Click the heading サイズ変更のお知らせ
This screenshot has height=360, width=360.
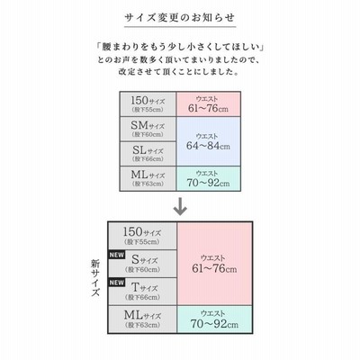(180, 18)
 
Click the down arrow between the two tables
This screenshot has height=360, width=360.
(180, 206)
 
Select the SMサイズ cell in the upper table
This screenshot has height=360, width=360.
(148, 129)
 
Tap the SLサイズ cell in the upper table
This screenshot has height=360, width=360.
(148, 154)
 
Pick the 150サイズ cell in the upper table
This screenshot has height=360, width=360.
(148, 104)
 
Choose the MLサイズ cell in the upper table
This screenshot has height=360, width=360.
(148, 178)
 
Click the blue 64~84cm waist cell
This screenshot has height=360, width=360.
(209, 141)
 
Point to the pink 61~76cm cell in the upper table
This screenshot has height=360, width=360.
(209, 104)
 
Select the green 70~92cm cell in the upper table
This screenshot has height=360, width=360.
(209, 178)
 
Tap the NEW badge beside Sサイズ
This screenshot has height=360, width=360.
(116, 255)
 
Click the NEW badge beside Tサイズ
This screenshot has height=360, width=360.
(116, 283)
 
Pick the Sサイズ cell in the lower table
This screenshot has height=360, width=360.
(142, 264)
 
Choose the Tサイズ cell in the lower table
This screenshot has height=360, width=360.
(142, 292)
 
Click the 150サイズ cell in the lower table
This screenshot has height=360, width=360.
(142, 236)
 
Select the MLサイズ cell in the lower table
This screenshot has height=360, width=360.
(142, 319)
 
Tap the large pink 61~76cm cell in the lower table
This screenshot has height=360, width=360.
(214, 264)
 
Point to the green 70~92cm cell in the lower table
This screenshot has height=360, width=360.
(214, 319)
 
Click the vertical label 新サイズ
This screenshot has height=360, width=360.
(95, 278)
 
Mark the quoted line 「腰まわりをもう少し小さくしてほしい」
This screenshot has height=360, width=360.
(180, 47)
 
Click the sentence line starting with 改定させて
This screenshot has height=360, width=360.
(179, 72)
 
